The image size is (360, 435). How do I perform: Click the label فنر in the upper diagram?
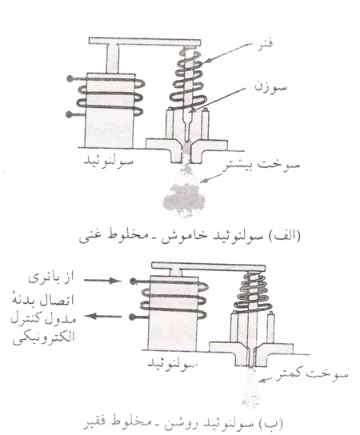(x=263, y=45)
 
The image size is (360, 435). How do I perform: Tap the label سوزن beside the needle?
(x=270, y=87)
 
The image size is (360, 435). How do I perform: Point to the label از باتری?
(x=51, y=277)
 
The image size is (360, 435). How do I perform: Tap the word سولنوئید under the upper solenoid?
(x=108, y=161)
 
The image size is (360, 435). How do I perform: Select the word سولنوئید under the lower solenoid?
(x=172, y=363)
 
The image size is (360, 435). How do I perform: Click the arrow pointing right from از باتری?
(x=102, y=281)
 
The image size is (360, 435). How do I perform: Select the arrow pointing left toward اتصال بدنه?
(x=103, y=316)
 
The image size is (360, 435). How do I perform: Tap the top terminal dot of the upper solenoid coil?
(x=70, y=79)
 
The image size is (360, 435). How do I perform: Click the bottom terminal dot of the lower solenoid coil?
(x=134, y=317)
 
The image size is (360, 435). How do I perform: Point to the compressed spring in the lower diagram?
(x=253, y=292)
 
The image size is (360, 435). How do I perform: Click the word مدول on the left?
(x=64, y=319)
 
